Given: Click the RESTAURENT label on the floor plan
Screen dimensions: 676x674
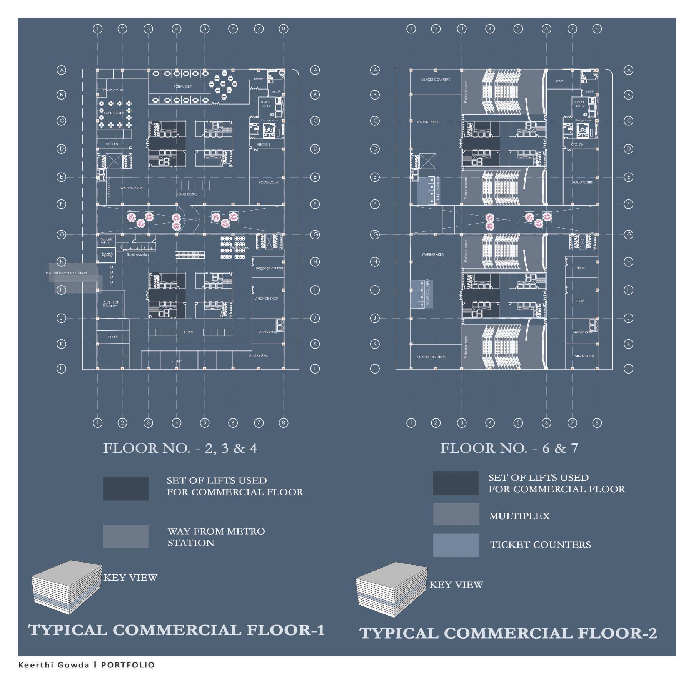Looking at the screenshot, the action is pyautogui.click(x=182, y=86).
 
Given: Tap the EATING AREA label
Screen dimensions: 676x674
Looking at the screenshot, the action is pyautogui.click(x=114, y=113).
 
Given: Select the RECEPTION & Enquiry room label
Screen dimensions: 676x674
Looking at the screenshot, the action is pyautogui.click(x=111, y=304).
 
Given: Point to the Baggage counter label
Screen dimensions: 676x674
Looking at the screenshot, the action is pyautogui.click(x=269, y=268).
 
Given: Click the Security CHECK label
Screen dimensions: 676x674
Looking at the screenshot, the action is pyautogui.click(x=107, y=255).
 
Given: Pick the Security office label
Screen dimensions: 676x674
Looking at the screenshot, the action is pyautogui.click(x=106, y=241).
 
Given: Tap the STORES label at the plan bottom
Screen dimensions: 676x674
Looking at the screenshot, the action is pyautogui.click(x=177, y=361).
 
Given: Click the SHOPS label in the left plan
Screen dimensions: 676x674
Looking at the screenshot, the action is pyautogui.click(x=113, y=337).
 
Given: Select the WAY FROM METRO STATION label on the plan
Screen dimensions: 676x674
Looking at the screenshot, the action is pyautogui.click(x=66, y=273).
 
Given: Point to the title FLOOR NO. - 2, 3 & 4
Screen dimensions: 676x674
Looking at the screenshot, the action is pyautogui.click(x=180, y=448).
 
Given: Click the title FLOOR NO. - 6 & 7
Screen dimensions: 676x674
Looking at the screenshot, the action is pyautogui.click(x=509, y=448).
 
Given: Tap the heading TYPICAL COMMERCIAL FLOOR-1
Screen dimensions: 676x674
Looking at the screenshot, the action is pyautogui.click(x=177, y=630).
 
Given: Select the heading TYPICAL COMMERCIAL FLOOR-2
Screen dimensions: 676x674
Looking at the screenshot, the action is pyautogui.click(x=508, y=633).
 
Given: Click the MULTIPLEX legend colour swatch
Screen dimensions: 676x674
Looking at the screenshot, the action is pyautogui.click(x=456, y=514).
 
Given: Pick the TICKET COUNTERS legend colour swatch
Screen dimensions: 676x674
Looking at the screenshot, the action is pyautogui.click(x=456, y=545).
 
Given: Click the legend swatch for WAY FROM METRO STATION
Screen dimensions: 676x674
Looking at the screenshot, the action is pyautogui.click(x=126, y=536).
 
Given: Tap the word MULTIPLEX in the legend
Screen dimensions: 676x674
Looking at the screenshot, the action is pyautogui.click(x=519, y=516).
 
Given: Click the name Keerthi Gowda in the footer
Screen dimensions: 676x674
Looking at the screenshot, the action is pyautogui.click(x=54, y=665).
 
